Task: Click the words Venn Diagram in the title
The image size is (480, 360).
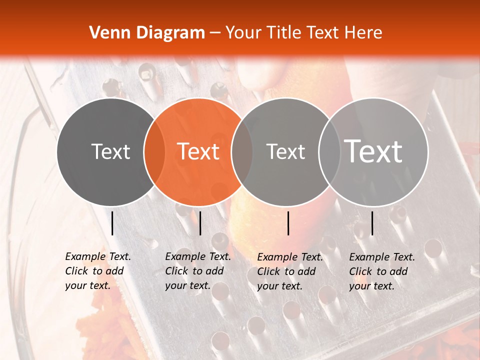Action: (147, 33)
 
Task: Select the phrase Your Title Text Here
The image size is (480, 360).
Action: (303, 33)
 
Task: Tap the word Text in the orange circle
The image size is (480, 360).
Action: (198, 151)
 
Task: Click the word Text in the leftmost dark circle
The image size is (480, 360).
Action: (110, 151)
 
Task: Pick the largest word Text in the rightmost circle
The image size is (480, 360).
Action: (373, 151)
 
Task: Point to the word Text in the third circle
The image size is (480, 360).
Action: (285, 151)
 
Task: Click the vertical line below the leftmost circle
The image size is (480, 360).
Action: (112, 223)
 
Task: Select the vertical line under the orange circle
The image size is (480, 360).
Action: (200, 223)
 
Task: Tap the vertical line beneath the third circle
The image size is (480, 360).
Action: (288, 223)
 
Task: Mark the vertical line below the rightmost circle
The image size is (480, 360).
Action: (372, 223)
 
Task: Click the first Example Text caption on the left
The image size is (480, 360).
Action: (98, 271)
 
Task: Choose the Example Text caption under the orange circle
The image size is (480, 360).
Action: (198, 271)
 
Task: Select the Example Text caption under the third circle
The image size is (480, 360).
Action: (290, 271)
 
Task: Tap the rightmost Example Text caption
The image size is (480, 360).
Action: (382, 271)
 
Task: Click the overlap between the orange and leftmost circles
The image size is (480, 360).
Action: (154, 151)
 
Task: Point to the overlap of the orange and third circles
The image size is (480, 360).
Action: (242, 151)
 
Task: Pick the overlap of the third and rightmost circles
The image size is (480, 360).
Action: (328, 151)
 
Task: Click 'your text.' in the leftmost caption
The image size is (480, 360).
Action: (87, 286)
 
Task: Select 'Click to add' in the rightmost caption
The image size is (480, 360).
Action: (378, 271)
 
